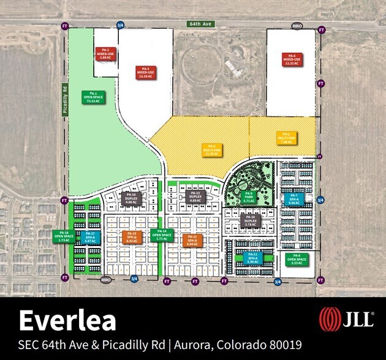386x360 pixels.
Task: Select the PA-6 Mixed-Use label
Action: [x=291, y=59]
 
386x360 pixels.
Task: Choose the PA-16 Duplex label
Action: [x=133, y=198]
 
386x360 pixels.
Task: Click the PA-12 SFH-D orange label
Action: [x=192, y=239]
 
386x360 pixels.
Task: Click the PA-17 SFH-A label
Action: [x=89, y=237]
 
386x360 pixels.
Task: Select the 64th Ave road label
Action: [x=199, y=24]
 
